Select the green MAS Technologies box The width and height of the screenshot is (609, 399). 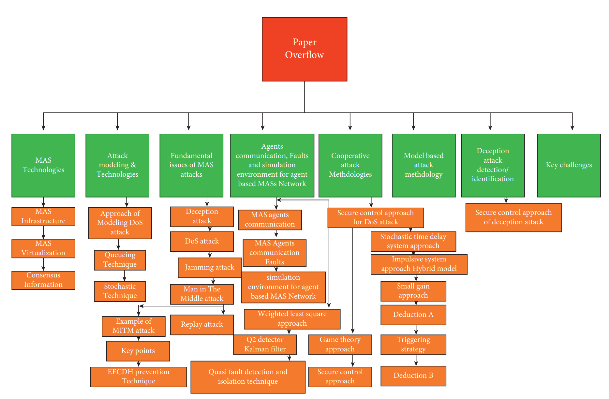point(43,165)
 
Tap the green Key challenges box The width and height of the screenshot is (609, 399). point(569,165)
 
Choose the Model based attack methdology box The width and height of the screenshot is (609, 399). point(423,165)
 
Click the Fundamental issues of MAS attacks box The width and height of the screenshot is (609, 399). point(191,165)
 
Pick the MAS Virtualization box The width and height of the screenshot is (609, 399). point(43,248)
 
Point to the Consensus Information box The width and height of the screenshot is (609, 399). point(43,280)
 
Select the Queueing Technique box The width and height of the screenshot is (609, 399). point(120,260)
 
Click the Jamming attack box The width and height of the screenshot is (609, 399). point(210,268)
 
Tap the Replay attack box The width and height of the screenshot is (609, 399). point(202,324)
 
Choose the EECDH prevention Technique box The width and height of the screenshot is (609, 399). point(139,377)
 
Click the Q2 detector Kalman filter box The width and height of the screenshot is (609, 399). point(265,345)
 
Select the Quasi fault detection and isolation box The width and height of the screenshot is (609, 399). point(248,377)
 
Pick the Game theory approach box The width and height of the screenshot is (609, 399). point(340,345)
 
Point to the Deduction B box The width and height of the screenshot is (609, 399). point(413,376)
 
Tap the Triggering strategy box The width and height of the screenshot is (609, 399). point(413,345)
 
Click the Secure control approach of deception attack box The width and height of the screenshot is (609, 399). point(513,217)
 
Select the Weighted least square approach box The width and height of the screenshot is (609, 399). point(292,319)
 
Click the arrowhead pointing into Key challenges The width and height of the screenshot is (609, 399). point(572,128)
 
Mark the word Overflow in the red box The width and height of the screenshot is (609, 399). point(304,55)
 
